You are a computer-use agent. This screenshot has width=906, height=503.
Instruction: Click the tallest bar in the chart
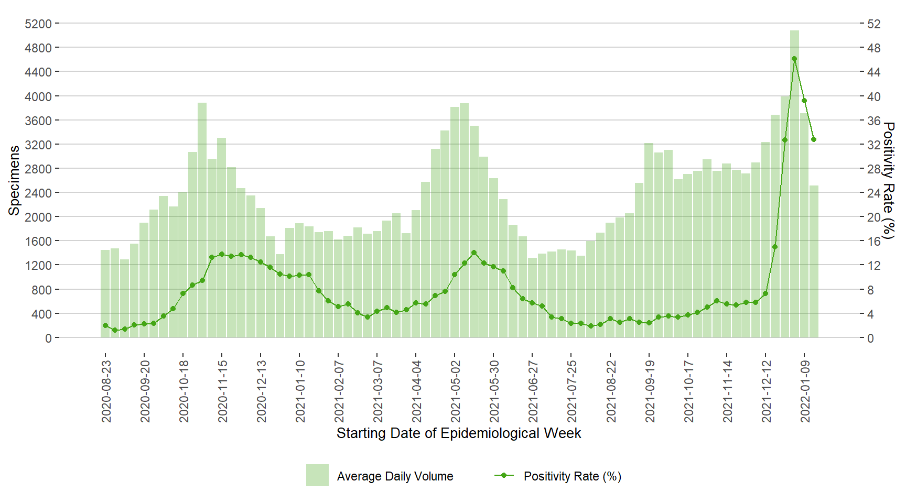click(794, 183)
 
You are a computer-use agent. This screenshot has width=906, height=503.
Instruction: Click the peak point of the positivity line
click(794, 59)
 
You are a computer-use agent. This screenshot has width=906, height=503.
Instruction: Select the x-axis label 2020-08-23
click(106, 391)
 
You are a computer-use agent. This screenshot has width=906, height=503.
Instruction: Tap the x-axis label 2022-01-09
click(805, 391)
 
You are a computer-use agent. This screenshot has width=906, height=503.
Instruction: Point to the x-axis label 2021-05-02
click(456, 391)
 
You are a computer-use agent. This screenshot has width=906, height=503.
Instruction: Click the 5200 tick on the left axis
click(38, 24)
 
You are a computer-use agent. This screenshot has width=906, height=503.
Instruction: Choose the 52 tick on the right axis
click(873, 24)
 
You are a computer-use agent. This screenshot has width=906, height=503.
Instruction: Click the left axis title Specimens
click(14, 180)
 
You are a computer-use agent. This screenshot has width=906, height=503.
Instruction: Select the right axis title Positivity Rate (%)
click(888, 180)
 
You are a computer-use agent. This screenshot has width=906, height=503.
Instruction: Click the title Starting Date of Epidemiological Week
click(458, 433)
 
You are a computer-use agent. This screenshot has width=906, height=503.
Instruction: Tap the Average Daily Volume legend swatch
click(317, 475)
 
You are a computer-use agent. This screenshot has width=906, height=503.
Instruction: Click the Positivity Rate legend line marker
click(504, 475)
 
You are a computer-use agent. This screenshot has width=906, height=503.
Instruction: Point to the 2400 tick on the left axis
click(38, 193)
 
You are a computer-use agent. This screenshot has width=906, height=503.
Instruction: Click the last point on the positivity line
click(814, 139)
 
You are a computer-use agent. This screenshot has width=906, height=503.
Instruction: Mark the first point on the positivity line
click(105, 325)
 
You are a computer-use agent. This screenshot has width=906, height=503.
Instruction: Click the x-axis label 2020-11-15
click(223, 391)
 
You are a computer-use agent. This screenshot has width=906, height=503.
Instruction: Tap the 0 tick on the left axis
click(48, 338)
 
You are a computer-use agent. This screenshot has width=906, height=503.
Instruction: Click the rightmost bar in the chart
click(814, 262)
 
